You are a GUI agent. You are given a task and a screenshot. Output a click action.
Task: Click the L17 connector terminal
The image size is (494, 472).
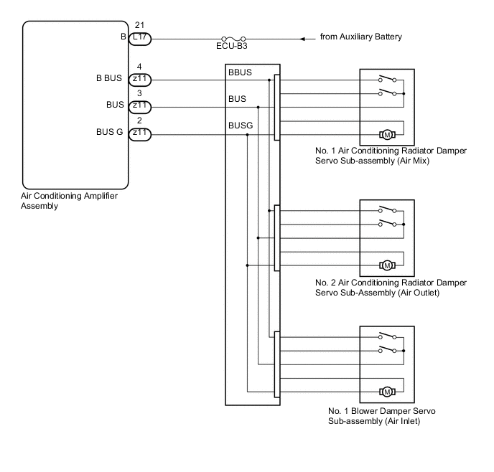point(140,39)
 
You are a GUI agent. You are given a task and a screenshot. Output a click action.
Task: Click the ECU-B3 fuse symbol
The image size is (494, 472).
point(233,39)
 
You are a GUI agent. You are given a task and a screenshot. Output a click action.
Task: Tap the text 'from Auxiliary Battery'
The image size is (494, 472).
point(360,37)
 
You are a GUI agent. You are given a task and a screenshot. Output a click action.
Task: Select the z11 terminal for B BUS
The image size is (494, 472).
point(140,80)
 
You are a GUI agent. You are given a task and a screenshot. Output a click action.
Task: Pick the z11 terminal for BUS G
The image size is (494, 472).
point(140,135)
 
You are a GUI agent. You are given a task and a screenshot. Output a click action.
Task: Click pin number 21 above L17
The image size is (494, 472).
point(139,25)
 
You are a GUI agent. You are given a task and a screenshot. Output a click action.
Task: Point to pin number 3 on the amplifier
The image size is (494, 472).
point(139,93)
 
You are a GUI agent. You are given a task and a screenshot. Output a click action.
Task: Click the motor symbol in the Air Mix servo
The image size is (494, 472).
point(387,135)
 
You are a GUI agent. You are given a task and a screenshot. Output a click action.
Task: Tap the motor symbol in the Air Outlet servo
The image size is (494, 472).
point(387,265)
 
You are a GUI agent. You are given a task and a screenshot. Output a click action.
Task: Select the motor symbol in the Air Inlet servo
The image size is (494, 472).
point(387,392)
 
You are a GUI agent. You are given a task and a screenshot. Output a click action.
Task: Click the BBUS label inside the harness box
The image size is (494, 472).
point(240,72)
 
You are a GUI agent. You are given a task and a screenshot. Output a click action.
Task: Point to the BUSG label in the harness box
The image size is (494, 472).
point(241,126)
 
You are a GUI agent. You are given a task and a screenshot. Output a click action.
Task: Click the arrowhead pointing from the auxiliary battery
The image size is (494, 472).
point(302,39)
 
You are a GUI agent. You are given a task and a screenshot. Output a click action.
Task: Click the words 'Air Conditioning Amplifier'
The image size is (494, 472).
point(70,196)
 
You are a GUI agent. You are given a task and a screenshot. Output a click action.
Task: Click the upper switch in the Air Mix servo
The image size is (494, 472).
point(387,79)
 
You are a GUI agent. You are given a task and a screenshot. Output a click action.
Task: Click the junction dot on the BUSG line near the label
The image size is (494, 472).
point(247,135)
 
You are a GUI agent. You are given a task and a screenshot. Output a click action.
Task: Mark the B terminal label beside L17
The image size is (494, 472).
point(124,37)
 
